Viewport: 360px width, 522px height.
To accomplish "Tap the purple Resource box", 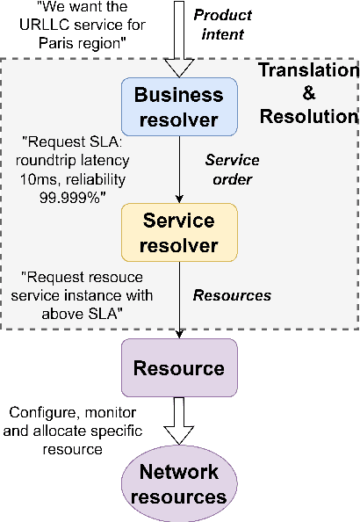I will [179, 366].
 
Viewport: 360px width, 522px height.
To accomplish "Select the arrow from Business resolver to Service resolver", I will [179, 171].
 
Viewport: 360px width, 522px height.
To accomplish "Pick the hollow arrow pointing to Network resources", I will [179, 421].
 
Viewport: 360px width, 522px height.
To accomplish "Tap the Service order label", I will [233, 170].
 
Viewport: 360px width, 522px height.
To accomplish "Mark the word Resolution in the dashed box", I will [307, 116].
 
